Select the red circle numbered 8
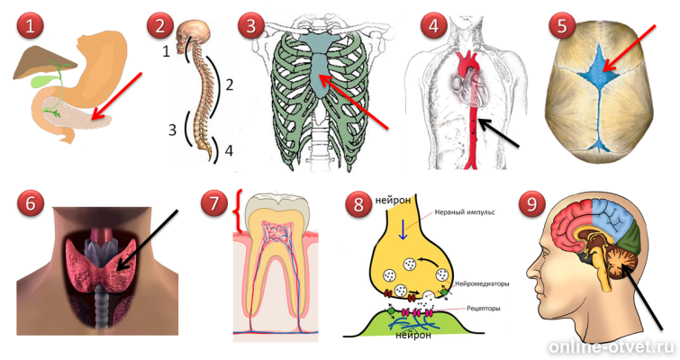(x=360, y=203)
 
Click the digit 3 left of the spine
(x=170, y=130)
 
